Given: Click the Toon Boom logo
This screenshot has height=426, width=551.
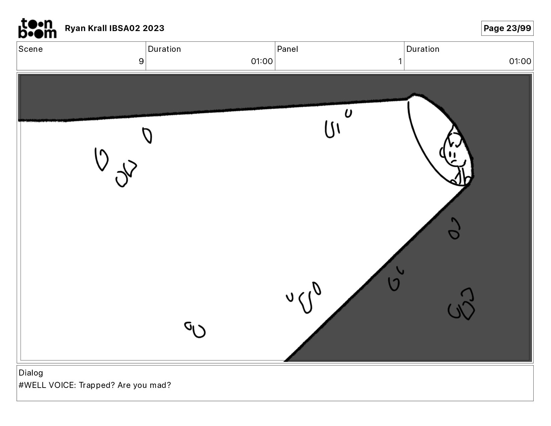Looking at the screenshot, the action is click(x=37, y=28).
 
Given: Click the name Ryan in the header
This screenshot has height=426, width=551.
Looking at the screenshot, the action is click(x=75, y=28).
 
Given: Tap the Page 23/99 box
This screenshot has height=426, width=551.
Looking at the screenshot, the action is click(x=507, y=28).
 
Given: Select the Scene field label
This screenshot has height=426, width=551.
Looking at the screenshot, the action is click(x=31, y=49).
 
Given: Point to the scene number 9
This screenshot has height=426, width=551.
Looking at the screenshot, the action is click(x=141, y=61).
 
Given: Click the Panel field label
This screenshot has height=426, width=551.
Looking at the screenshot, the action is click(x=288, y=49).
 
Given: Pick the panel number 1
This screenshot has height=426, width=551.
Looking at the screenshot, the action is click(x=400, y=61).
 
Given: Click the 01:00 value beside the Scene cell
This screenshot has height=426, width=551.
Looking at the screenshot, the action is click(x=262, y=61).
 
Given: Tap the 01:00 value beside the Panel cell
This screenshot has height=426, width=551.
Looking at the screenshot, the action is click(x=520, y=61).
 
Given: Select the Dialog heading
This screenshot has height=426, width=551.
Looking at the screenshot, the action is click(x=31, y=373).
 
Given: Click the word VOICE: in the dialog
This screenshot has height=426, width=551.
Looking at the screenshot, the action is click(x=62, y=385).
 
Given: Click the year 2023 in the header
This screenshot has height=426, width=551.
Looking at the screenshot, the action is click(x=153, y=28).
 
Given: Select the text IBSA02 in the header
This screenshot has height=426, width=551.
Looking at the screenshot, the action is click(x=125, y=28).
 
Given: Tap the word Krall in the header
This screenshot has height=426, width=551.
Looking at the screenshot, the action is click(x=98, y=28).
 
